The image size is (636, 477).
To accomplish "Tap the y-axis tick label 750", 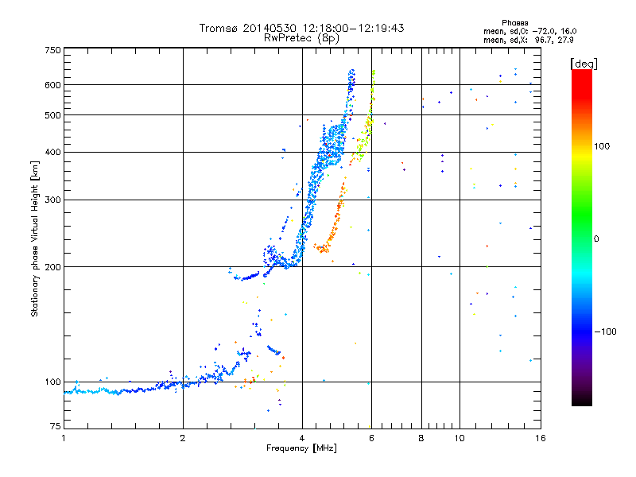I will (53, 49).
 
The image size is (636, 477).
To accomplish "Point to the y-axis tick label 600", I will (53, 85).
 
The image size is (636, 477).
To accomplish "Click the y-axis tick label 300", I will (53, 200).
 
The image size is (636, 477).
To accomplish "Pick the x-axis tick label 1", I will (64, 439).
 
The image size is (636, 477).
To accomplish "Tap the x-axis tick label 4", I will (302, 439).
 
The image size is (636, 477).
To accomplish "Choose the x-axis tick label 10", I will (459, 439).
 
